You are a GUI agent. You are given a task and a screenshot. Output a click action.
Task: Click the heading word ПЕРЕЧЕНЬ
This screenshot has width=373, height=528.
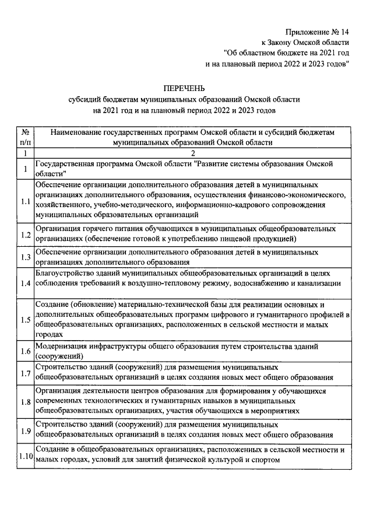[x=184, y=88]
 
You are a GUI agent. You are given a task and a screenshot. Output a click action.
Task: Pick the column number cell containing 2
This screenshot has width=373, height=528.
[x=192, y=153]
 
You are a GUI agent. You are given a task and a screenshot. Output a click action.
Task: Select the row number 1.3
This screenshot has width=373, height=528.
[x=26, y=257]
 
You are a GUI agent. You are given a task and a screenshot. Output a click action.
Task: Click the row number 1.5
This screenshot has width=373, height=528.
[x=26, y=320]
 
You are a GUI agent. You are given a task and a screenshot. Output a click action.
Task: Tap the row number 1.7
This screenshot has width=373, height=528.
[x=26, y=374]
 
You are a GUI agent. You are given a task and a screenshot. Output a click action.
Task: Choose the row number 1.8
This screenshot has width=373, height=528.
[x=26, y=401]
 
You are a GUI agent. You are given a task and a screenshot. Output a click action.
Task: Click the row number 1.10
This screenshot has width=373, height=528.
[x=26, y=456]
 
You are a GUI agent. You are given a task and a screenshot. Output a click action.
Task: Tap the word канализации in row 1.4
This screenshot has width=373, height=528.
[x=319, y=284]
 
